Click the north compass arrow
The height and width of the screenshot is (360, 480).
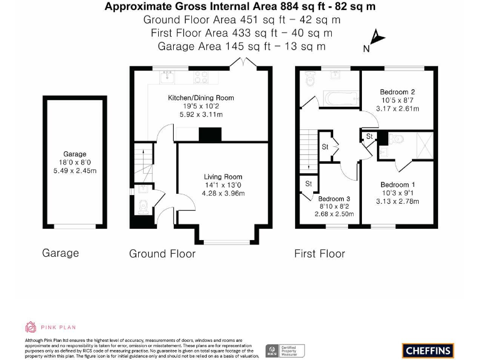click(376, 37)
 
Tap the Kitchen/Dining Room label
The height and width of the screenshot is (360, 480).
click(201, 97)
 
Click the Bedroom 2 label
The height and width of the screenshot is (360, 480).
click(397, 92)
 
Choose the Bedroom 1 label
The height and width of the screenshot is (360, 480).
click(397, 185)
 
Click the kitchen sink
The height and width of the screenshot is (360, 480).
click(167, 77)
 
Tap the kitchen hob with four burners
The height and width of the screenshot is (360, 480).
click(201, 77)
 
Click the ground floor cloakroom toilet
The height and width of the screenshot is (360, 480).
click(143, 206)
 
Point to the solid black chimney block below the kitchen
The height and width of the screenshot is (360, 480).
click(209, 134)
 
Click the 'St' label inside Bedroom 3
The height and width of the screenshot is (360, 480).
click(308, 184)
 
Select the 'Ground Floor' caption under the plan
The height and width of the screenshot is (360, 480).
click(162, 253)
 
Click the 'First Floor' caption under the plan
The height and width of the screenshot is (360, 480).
click(319, 253)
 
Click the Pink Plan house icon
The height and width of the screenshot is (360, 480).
click(31, 326)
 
